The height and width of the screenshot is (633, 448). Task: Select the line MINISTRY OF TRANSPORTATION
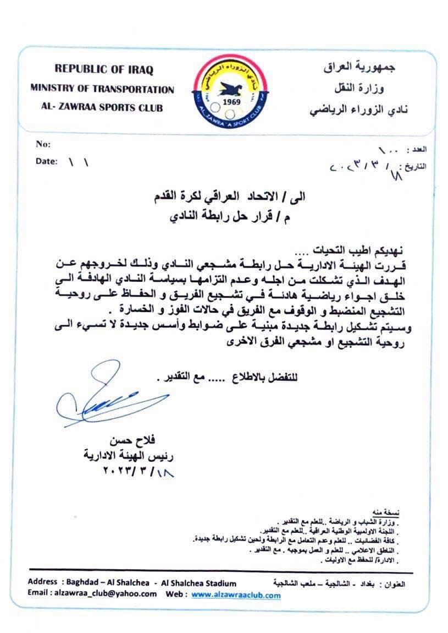(x=102, y=89)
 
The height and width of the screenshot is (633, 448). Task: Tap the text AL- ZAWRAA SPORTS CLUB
(x=102, y=108)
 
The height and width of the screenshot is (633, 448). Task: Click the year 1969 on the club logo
(x=230, y=102)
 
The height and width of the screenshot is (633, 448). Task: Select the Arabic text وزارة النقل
(x=378, y=89)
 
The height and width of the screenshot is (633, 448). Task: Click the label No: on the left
(x=43, y=144)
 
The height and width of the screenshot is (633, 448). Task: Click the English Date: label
(x=46, y=162)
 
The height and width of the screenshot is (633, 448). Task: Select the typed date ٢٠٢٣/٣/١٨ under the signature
(x=137, y=472)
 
